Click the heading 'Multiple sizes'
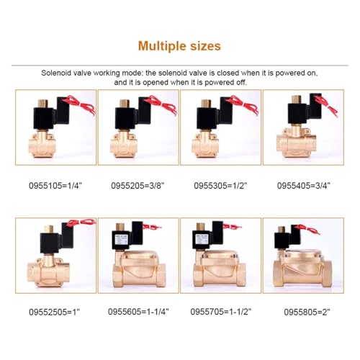pyautogui.click(x=179, y=46)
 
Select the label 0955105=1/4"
pyautogui.click(x=55, y=186)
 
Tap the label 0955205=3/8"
pyautogui.click(x=138, y=186)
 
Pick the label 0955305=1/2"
pyautogui.click(x=220, y=186)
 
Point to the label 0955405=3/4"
pyautogui.click(x=304, y=186)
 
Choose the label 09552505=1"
pyautogui.click(x=54, y=312)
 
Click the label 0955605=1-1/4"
pyautogui.click(x=138, y=312)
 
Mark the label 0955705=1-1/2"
pyautogui.click(x=221, y=312)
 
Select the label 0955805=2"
pyautogui.click(x=307, y=312)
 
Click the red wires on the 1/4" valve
pyautogui.click(x=79, y=104)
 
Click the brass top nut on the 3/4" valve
pyautogui.click(x=297, y=99)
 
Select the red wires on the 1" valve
pyautogui.click(x=81, y=222)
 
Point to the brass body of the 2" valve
pyautogui.click(x=302, y=269)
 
